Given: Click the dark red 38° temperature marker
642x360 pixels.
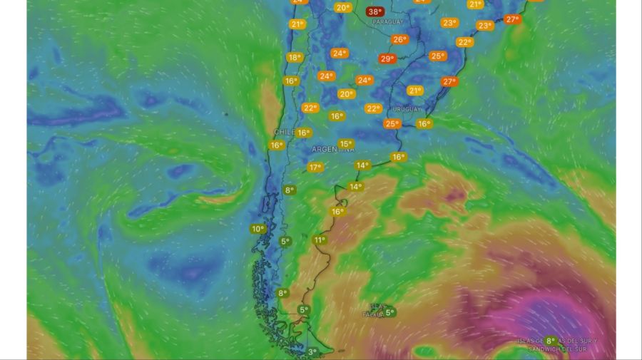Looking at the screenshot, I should pos(374,11).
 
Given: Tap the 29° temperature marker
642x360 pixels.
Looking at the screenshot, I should pos(387,59).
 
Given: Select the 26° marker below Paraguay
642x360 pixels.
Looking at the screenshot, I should pos(399,40).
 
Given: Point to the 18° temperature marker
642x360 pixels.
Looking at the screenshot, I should pos(294,58).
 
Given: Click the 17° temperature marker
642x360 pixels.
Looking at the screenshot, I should pos(315,168).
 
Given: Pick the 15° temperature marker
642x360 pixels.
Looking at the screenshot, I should pos(345,144).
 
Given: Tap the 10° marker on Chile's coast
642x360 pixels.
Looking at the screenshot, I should pos(258,229).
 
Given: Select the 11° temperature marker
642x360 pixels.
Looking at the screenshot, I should pos(320,240).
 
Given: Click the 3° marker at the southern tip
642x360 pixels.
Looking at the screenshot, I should pos(312,352).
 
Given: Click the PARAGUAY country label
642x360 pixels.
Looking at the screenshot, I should pos(387,22).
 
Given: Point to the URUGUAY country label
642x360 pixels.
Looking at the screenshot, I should pos(407,109).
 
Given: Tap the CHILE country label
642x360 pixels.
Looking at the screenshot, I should pos(285,133).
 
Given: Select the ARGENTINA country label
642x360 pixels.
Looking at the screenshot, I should pos(333,150).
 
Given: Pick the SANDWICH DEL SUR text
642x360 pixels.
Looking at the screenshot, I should pos(563,349).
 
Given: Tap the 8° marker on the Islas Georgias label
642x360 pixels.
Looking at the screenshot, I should pos(550,341).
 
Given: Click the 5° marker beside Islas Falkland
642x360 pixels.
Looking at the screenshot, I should pos(389,312).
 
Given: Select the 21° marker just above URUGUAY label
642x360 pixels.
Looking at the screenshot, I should pos(414,91).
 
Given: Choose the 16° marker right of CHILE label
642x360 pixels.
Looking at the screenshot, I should pos(304,133).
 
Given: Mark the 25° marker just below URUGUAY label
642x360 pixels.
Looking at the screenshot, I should pos(392,124).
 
